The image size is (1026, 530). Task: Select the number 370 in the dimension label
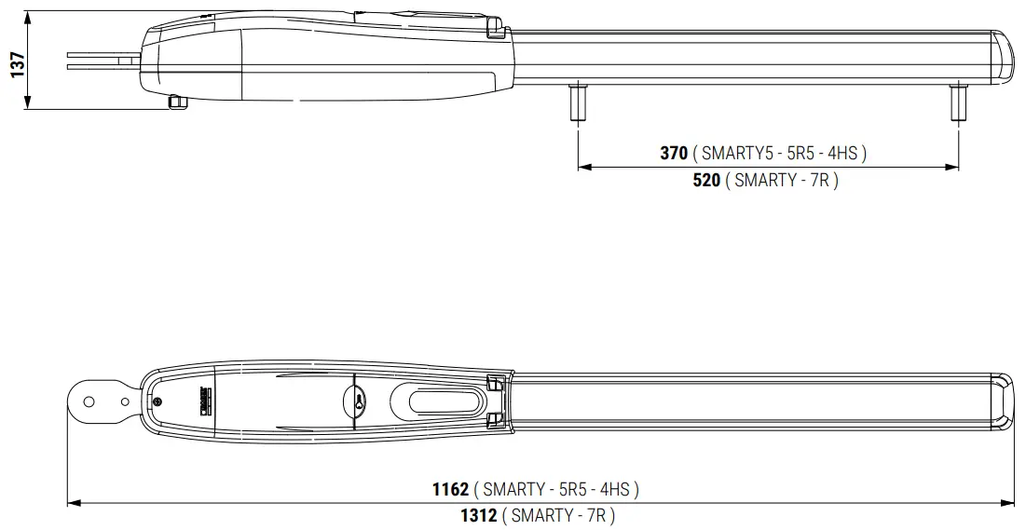coord(673,154)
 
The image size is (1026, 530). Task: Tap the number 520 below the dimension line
coord(706,181)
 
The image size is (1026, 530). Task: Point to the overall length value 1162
coord(450,489)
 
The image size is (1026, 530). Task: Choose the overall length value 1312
coord(478,515)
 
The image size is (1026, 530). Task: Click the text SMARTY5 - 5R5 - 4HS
coord(779,154)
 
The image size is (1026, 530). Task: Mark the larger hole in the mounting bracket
coord(89,401)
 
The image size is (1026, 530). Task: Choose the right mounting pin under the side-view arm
coord(958,102)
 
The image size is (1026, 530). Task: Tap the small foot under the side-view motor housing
coord(177,101)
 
